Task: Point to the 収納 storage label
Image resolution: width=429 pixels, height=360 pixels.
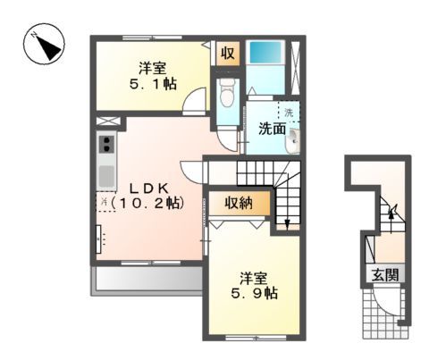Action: [239, 203]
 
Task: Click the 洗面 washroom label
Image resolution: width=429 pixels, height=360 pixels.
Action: [272, 129]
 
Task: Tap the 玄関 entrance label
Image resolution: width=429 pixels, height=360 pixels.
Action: [381, 275]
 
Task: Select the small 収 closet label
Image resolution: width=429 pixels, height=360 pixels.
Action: [228, 53]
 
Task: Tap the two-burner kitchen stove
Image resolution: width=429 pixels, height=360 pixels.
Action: [106, 145]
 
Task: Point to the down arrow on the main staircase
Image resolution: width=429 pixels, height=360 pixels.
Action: [285, 222]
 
